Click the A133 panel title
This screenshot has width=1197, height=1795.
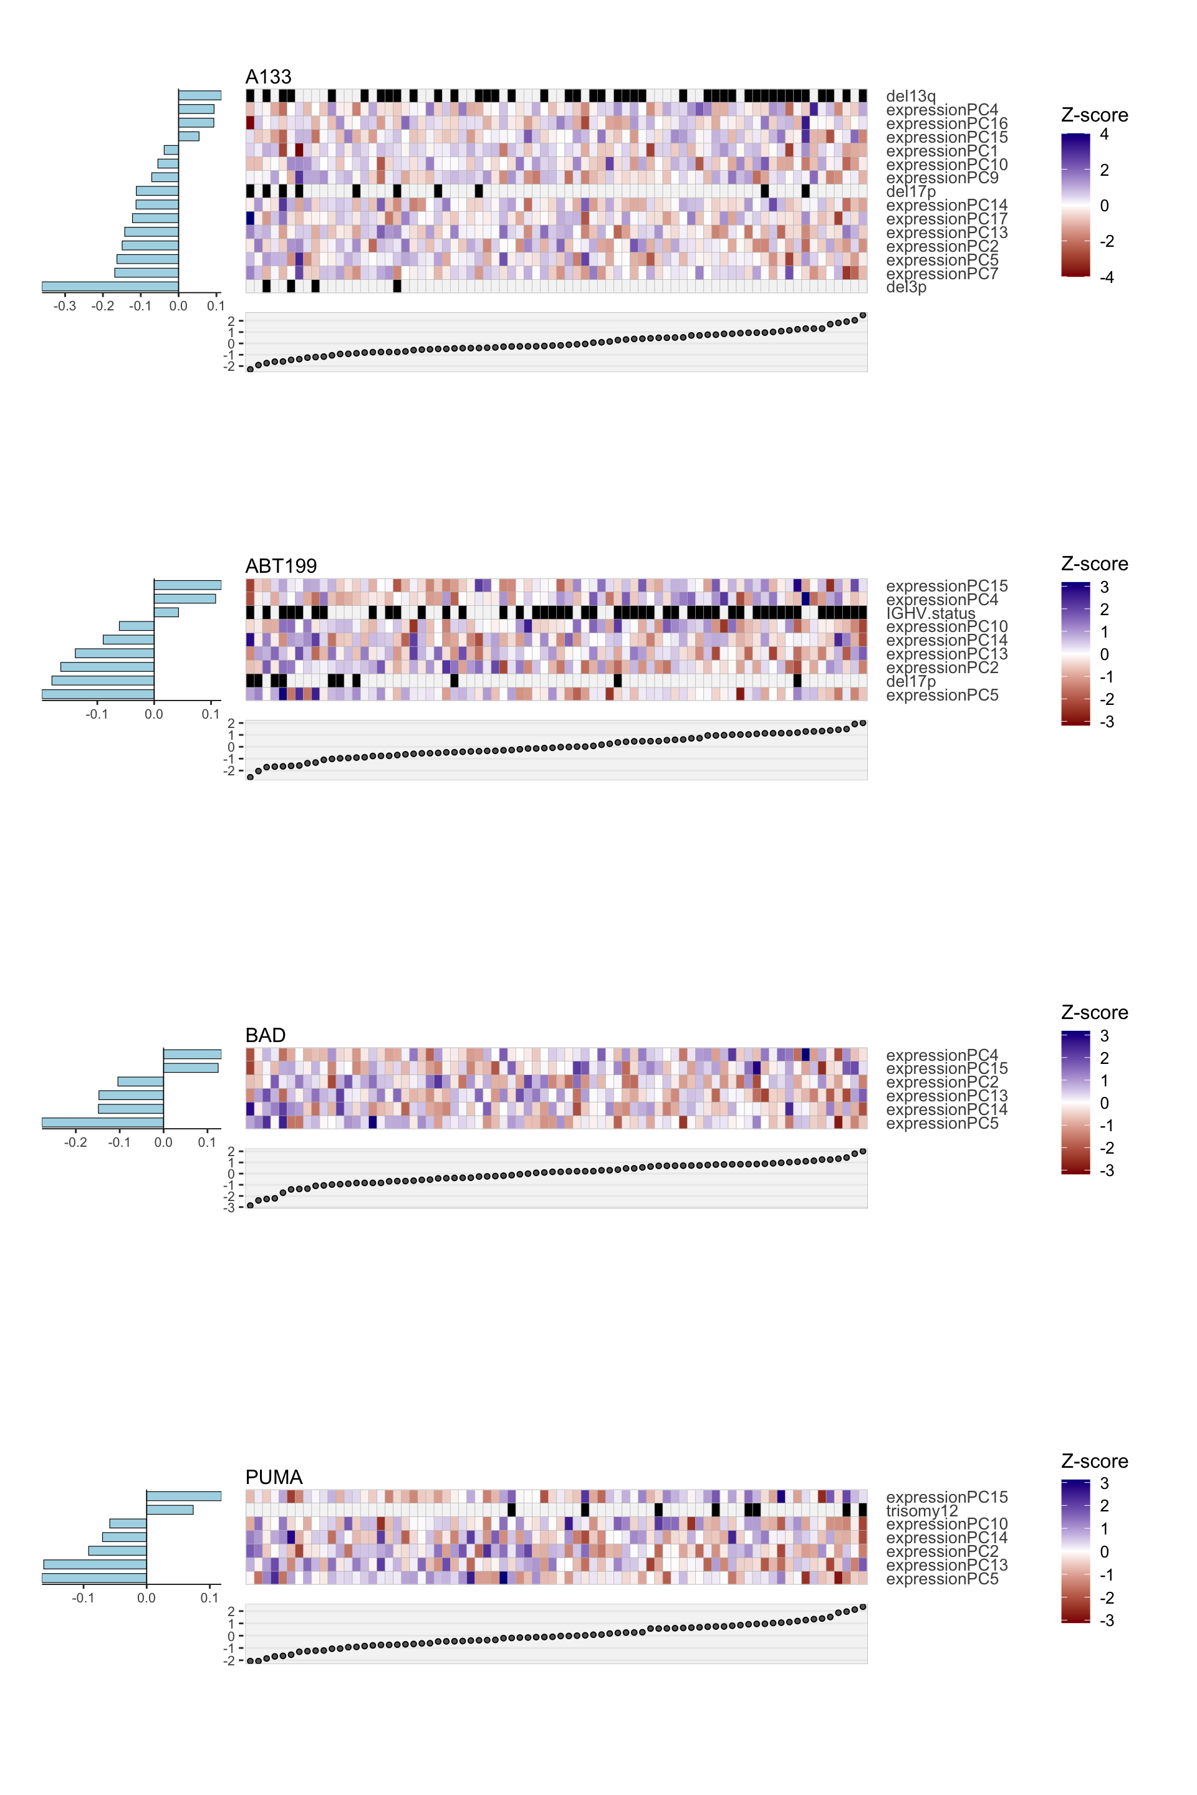tap(268, 77)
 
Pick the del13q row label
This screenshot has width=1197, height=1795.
tap(911, 96)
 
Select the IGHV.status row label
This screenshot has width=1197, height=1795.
tap(931, 613)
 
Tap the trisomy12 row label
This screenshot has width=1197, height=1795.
tap(921, 1510)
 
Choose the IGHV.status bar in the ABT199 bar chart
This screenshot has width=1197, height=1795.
tap(166, 612)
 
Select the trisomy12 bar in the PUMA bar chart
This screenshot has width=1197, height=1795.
tap(170, 1510)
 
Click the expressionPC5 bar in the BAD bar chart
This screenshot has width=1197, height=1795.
tap(102, 1122)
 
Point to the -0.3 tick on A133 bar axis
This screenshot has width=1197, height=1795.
tap(65, 306)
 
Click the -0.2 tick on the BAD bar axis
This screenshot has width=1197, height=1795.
tap(75, 1142)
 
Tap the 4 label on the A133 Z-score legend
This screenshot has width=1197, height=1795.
tap(1104, 135)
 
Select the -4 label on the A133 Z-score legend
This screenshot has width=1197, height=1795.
tap(1106, 277)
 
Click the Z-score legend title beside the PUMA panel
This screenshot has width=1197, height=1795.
tap(1094, 1461)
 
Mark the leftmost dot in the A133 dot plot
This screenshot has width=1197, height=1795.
tap(251, 370)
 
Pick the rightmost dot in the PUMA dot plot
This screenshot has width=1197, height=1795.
tap(863, 1607)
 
